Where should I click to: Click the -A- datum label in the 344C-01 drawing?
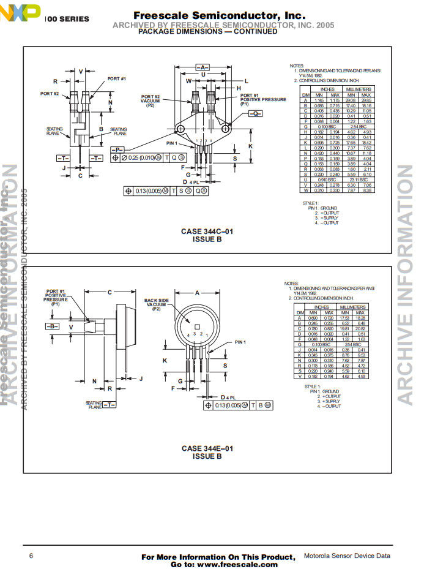point(203,67)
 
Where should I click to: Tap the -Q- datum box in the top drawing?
point(255,114)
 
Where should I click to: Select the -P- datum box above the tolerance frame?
point(117,149)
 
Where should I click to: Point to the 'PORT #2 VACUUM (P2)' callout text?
point(151,100)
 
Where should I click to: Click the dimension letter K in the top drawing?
point(250,146)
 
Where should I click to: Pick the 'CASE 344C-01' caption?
point(207,232)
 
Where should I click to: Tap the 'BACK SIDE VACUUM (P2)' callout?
point(157,304)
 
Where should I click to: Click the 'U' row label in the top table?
point(305,179)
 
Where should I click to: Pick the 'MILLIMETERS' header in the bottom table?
point(353,307)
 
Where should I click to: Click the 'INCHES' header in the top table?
point(327,89)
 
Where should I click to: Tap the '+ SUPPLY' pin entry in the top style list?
point(331,218)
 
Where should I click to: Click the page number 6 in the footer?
point(31,556)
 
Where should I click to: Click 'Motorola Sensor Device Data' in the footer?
point(347,556)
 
